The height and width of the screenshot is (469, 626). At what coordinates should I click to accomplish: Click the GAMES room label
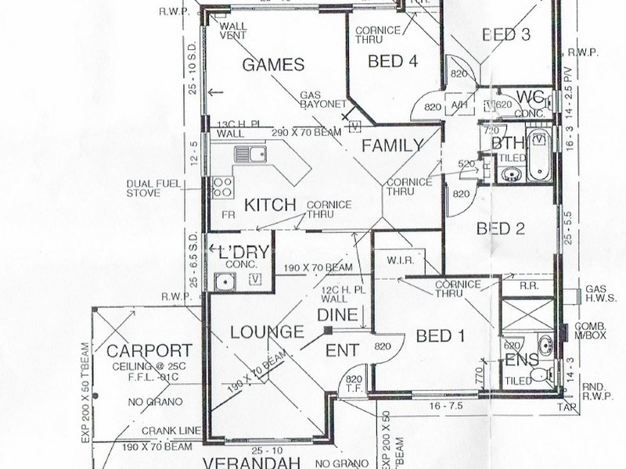click(x=274, y=65)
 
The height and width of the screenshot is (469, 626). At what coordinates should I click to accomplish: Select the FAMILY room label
click(x=392, y=145)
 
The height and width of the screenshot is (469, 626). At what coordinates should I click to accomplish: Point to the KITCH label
click(x=271, y=206)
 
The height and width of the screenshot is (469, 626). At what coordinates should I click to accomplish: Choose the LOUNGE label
click(x=268, y=332)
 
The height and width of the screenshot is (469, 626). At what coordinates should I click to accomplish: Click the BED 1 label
click(x=441, y=336)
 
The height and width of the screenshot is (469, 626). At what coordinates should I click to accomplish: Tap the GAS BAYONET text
click(x=322, y=102)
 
